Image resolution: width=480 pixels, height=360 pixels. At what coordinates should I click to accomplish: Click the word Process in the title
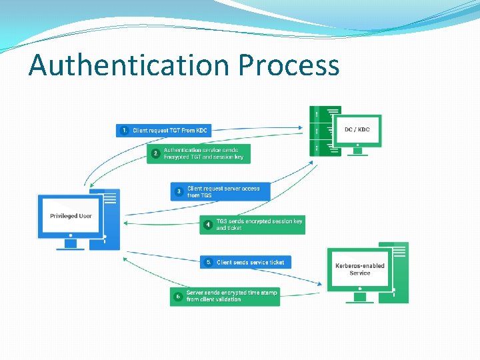(x=289, y=66)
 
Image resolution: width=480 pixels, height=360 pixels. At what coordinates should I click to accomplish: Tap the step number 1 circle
(x=124, y=131)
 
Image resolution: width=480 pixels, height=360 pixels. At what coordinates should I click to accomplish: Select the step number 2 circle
(x=155, y=154)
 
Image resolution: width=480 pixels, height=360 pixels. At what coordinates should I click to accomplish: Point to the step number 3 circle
(x=179, y=192)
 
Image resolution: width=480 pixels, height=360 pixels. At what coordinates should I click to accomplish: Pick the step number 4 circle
(x=208, y=225)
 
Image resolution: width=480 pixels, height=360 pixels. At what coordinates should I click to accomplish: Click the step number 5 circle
(x=209, y=263)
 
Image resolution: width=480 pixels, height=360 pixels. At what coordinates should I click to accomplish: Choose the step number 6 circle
(x=178, y=296)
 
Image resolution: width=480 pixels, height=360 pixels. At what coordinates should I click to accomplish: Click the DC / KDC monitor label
(x=357, y=129)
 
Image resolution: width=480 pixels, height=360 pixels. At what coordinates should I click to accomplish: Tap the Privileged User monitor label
(x=71, y=216)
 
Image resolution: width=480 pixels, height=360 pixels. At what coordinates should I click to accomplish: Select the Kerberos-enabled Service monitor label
(x=359, y=269)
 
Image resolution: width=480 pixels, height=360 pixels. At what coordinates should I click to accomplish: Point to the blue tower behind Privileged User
(x=112, y=220)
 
